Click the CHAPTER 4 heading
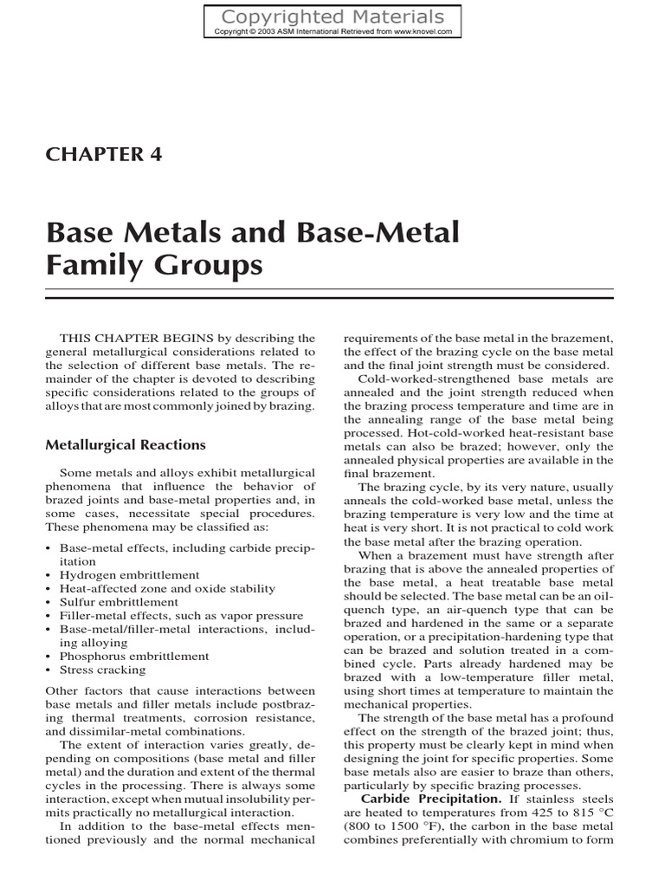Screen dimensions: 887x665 point(103,154)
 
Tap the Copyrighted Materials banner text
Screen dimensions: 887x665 point(332,16)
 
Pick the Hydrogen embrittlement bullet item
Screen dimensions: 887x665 point(129,574)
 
